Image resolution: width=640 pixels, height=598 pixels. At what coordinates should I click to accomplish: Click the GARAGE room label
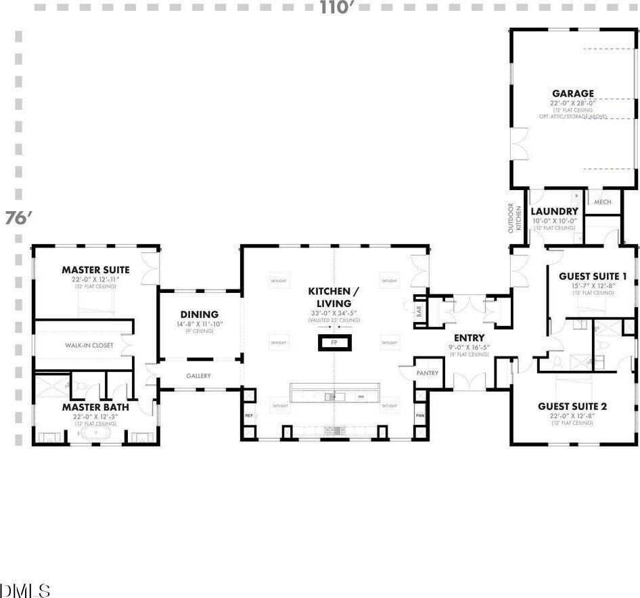pyautogui.click(x=572, y=93)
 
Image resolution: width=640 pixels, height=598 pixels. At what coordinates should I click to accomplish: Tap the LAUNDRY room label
pyautogui.click(x=554, y=211)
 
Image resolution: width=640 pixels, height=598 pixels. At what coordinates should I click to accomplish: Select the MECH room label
pyautogui.click(x=602, y=202)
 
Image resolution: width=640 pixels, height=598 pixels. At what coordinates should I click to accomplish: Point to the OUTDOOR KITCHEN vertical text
pyautogui.click(x=516, y=218)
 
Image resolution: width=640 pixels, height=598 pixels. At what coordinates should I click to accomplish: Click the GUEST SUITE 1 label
pyautogui.click(x=593, y=276)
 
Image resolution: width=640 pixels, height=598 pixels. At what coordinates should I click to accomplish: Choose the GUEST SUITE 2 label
pyautogui.click(x=572, y=406)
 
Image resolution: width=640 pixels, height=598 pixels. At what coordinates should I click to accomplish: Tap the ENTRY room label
pyautogui.click(x=469, y=338)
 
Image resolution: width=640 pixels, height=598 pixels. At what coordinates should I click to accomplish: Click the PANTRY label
pyautogui.click(x=428, y=373)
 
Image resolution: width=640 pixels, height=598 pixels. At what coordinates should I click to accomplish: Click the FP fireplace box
pyautogui.click(x=334, y=343)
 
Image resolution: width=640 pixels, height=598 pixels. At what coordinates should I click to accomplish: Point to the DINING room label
pyautogui.click(x=199, y=315)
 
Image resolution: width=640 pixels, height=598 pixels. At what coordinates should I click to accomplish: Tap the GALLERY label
pyautogui.click(x=198, y=375)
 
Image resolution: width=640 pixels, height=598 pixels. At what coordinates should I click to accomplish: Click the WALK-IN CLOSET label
pyautogui.click(x=89, y=345)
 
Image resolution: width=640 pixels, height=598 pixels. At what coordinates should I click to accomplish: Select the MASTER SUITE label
pyautogui.click(x=95, y=270)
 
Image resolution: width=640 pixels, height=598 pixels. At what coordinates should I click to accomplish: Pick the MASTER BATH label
pyautogui.click(x=95, y=407)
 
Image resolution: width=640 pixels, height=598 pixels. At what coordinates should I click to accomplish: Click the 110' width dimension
pyautogui.click(x=338, y=7)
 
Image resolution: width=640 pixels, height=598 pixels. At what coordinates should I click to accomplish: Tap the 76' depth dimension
pyautogui.click(x=18, y=218)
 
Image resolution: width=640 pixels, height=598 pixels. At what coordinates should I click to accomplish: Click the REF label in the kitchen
pyautogui.click(x=248, y=415)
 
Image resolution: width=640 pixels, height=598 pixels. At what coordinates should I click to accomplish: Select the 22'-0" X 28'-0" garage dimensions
pyautogui.click(x=572, y=103)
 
